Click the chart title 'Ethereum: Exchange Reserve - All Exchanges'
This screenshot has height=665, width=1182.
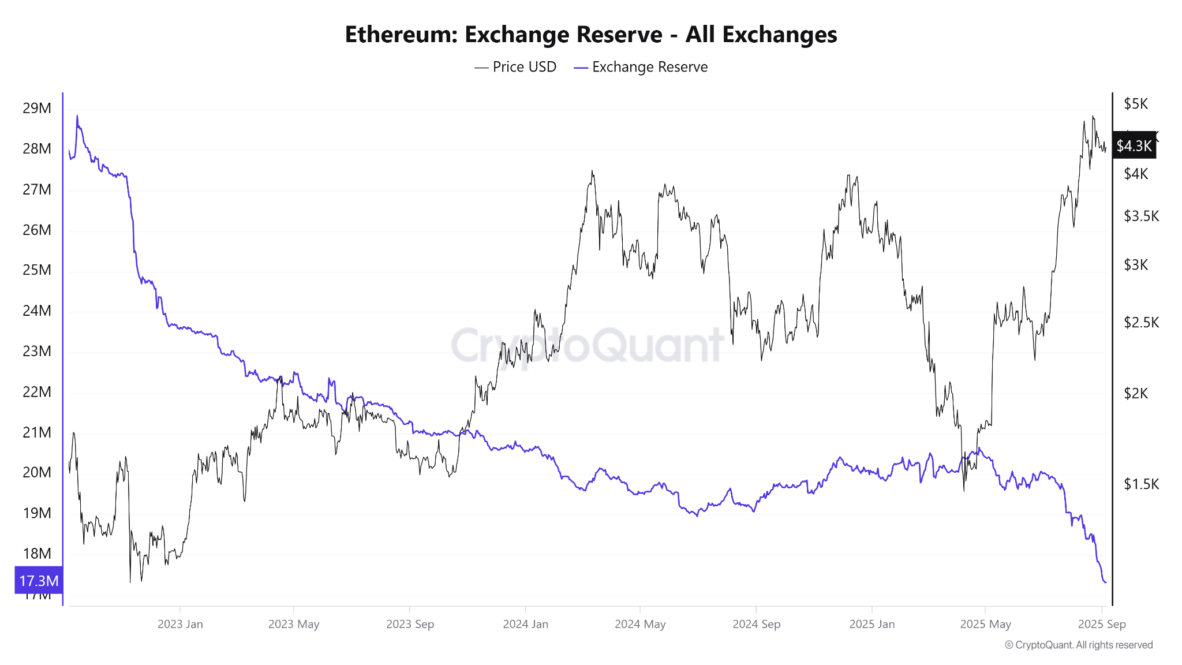click(591, 35)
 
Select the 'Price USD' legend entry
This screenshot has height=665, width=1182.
click(515, 67)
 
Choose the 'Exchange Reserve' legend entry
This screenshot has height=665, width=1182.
click(641, 67)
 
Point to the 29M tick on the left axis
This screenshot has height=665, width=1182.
click(37, 109)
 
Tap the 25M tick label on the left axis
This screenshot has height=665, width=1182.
click(37, 270)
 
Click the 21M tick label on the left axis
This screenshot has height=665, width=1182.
click(37, 432)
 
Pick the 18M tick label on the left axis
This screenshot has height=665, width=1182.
click(37, 554)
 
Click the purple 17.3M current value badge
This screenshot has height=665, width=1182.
click(39, 580)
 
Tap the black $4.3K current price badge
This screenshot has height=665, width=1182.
click(1134, 145)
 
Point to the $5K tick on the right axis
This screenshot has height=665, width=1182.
click(1136, 104)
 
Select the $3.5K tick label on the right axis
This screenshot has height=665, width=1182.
click(1141, 216)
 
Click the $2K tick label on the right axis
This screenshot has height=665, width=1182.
click(1136, 393)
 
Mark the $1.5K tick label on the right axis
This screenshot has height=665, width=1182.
click(1141, 484)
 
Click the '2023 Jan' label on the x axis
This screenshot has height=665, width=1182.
click(180, 624)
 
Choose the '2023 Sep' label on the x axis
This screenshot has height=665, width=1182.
click(410, 624)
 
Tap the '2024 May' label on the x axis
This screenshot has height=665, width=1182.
click(640, 624)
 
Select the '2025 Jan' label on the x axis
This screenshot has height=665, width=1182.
click(871, 624)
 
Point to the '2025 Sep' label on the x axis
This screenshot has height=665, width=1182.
click(1102, 624)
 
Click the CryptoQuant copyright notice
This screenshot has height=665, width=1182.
click(1079, 645)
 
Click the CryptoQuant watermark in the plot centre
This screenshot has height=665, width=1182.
click(587, 345)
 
